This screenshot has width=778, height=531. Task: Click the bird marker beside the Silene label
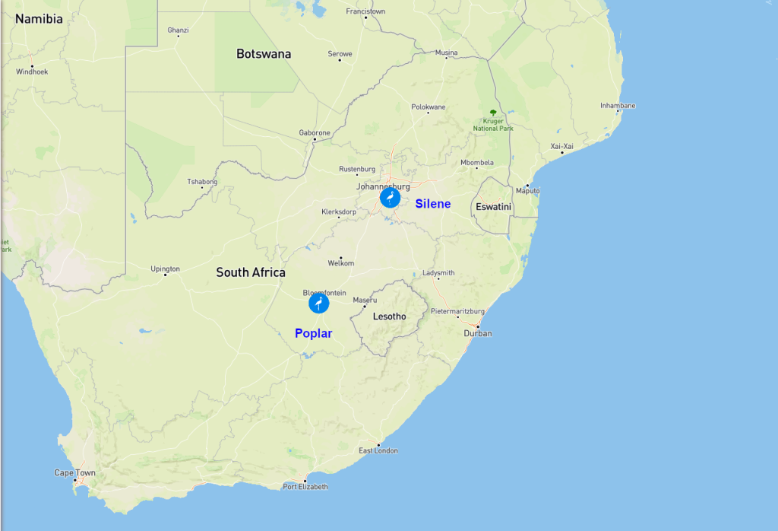pos(390,198)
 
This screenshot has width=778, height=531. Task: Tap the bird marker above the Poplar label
pos(319,304)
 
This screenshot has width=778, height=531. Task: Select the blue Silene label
pos(432,204)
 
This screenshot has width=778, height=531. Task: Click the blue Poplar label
pos(314,333)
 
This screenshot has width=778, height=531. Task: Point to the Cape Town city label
pos(74,472)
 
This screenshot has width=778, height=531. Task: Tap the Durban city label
pos(479,333)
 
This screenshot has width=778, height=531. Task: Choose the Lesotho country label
pos(390,316)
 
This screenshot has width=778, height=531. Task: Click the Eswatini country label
pos(493,207)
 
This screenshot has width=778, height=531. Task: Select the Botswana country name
pos(264,54)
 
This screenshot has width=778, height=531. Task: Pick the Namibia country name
pos(39,19)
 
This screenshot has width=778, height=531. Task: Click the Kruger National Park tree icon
pos(493,113)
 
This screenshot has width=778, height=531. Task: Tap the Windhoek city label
pos(32,72)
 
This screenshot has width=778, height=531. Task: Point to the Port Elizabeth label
pos(305,486)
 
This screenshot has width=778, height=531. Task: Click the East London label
pos(378,450)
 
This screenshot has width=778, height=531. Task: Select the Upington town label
pos(165,269)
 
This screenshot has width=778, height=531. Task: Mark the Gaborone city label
pos(315,133)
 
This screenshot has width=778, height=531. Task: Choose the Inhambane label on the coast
pos(618,106)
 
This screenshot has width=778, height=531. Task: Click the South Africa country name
pos(251,272)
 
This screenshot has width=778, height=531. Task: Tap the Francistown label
pos(365,11)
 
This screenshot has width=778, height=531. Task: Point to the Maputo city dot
pos(527,185)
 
